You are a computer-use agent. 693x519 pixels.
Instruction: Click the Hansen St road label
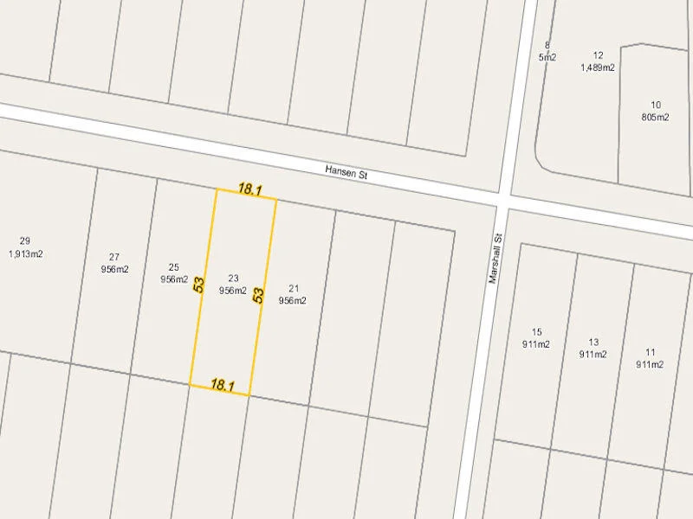[x=346, y=173]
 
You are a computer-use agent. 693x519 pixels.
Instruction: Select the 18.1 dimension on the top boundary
[x=249, y=189]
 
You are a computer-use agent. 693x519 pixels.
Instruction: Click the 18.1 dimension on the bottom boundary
[x=223, y=386]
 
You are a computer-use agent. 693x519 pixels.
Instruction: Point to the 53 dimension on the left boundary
[x=199, y=285]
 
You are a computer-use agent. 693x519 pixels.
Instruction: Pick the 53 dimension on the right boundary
[x=258, y=295]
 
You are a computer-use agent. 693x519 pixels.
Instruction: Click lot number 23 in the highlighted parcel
[x=233, y=278]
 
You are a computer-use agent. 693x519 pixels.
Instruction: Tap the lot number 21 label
[x=294, y=288]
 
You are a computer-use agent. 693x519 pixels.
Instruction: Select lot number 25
[x=174, y=267]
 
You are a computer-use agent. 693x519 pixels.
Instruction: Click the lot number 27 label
[x=114, y=257]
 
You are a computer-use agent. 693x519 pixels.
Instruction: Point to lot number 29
[x=24, y=241]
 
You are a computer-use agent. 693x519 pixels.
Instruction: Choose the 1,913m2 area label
[x=25, y=254]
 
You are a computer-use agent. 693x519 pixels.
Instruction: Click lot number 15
[x=536, y=332]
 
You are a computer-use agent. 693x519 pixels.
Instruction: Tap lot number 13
[x=593, y=342]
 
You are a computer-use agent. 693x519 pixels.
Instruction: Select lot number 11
[x=651, y=352]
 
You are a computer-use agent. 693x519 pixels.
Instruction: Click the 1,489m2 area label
[x=598, y=67]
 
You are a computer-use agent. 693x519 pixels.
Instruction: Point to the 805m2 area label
[x=656, y=118]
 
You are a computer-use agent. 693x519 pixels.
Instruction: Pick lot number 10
[x=656, y=105]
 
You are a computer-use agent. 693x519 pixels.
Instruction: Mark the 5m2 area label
[x=547, y=57]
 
